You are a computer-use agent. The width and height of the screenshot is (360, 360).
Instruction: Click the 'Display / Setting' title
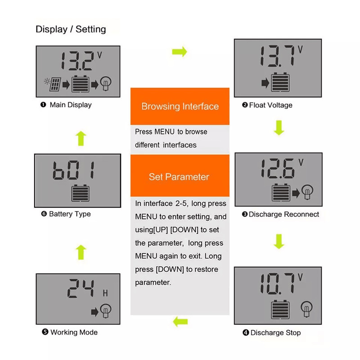pos(71,30)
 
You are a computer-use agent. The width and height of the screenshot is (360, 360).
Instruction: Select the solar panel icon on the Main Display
pos(54,84)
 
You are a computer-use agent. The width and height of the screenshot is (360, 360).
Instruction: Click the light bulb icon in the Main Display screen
pos(108,84)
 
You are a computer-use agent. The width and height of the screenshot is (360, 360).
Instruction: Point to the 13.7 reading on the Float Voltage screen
pos(275,56)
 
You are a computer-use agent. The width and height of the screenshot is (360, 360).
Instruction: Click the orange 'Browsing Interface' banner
pos(180,106)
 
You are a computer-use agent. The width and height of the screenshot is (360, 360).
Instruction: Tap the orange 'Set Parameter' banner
pos(179,176)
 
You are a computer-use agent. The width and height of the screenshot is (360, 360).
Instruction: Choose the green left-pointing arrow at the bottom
pos(180,321)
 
